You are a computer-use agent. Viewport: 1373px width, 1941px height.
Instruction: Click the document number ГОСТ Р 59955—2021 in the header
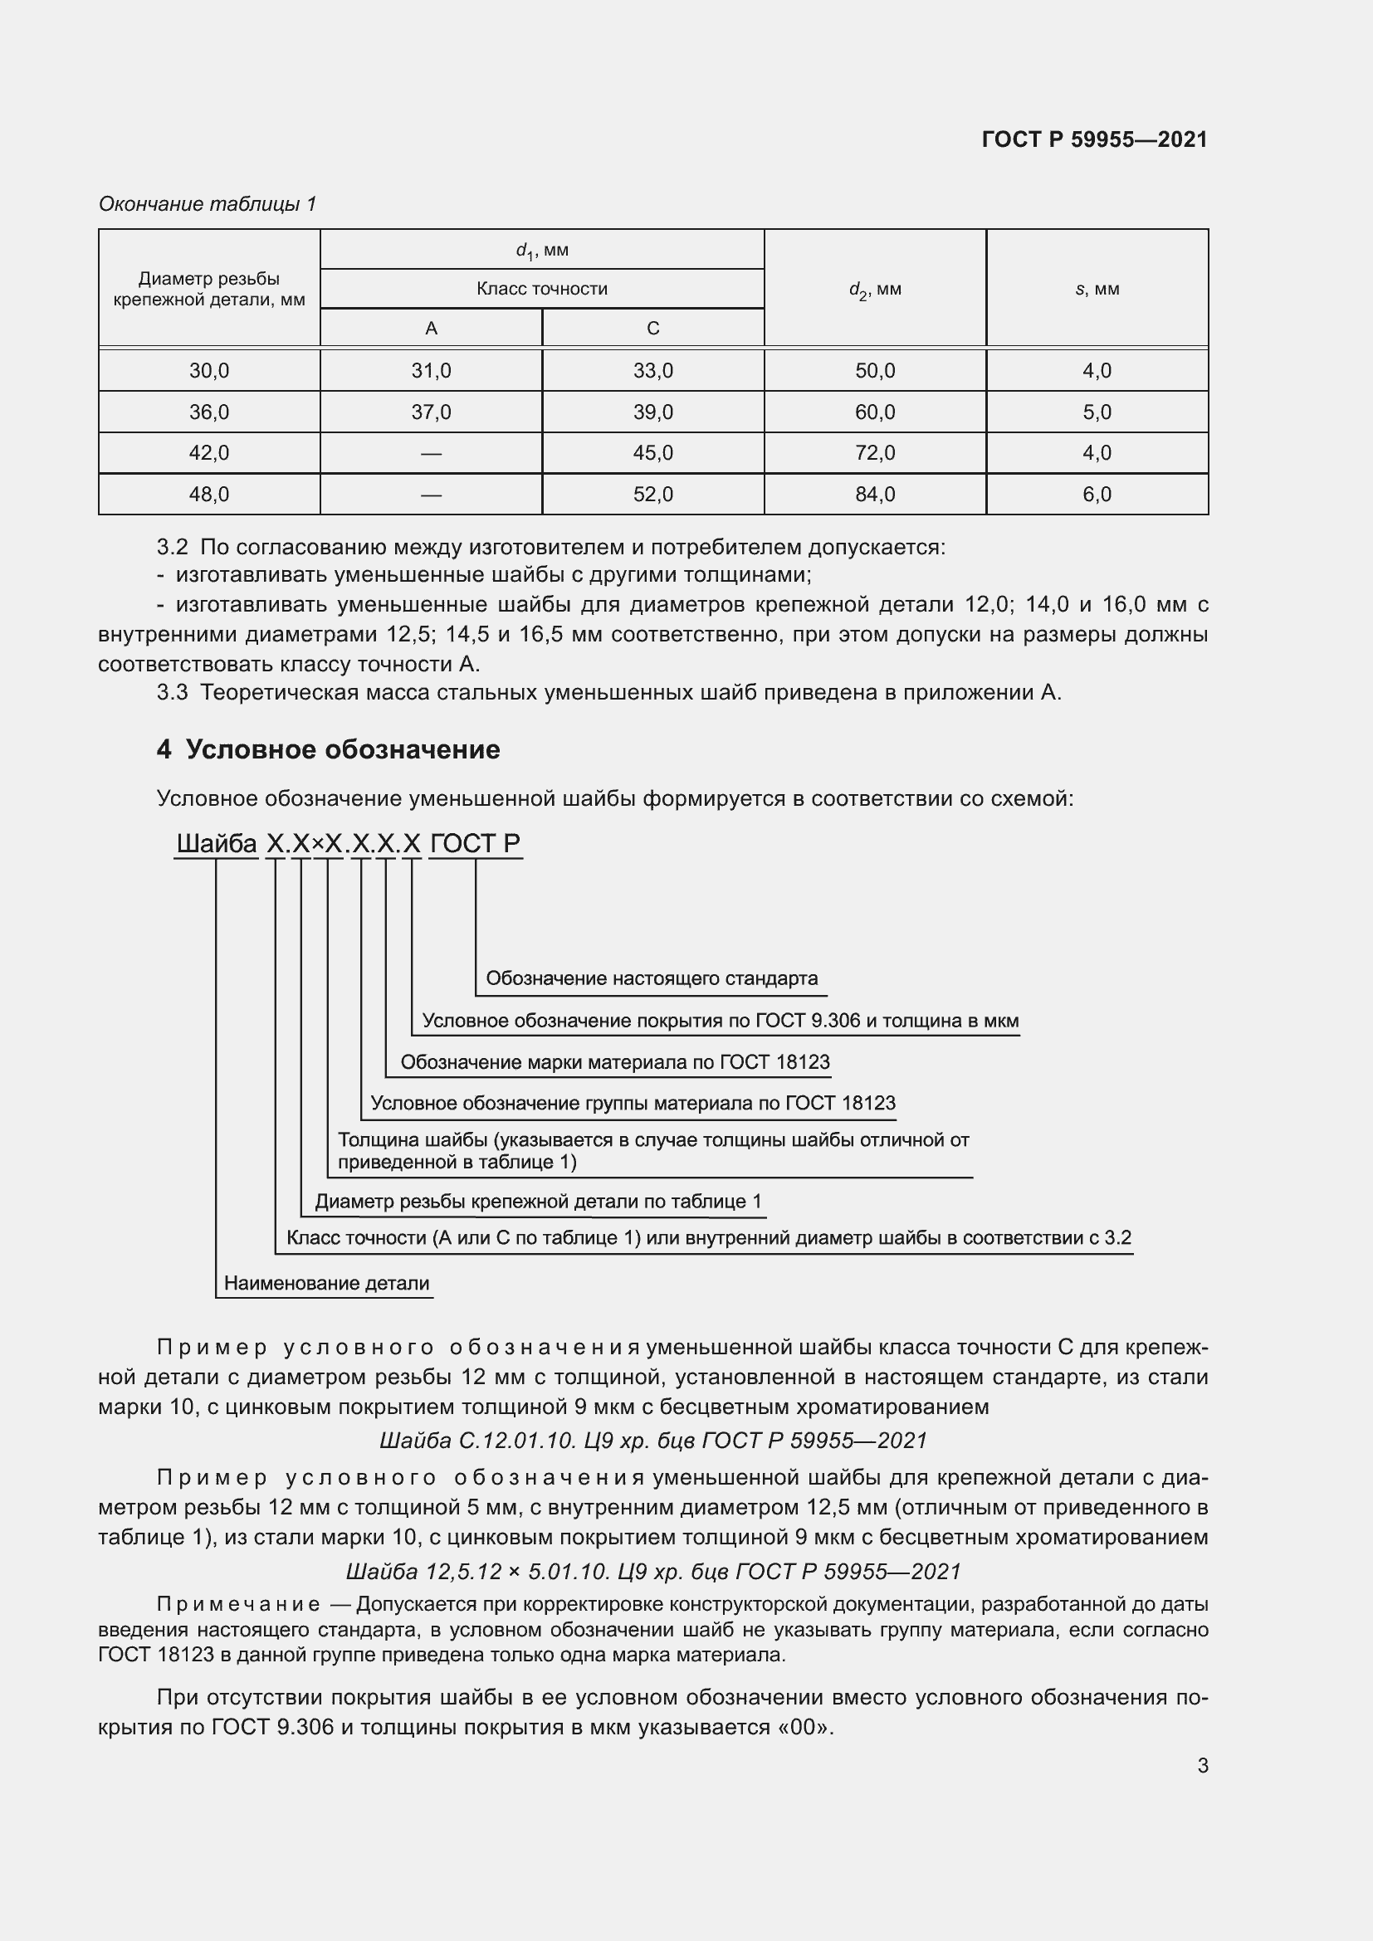coord(1094,139)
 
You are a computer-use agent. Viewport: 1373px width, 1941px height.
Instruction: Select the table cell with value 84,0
coord(874,495)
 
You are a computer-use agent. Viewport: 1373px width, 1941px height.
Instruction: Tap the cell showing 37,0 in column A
coord(430,412)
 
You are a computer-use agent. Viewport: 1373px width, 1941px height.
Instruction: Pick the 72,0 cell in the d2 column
coord(874,453)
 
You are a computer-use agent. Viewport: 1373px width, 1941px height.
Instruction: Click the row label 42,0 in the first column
coord(209,453)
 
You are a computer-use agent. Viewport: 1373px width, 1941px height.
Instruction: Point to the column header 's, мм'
coord(1097,289)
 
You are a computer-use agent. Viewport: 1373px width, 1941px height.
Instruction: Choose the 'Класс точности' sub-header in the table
coord(541,289)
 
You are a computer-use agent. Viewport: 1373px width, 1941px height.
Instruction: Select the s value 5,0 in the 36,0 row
coord(1097,412)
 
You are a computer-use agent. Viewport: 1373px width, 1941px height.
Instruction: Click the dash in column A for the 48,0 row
coord(430,495)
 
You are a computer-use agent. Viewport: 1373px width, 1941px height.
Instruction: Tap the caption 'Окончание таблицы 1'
coord(208,204)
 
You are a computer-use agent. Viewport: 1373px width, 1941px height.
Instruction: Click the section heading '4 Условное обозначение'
coord(328,749)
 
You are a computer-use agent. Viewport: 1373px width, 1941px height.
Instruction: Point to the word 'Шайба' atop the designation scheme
coord(217,844)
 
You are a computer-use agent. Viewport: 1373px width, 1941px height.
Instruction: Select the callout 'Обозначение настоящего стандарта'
coord(651,978)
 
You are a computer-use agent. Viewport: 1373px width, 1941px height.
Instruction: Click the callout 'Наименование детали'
coord(326,1283)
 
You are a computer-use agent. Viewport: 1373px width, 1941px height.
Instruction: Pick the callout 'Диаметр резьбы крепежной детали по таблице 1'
coord(538,1202)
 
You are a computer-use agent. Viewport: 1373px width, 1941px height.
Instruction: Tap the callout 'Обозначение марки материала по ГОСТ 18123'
coord(614,1062)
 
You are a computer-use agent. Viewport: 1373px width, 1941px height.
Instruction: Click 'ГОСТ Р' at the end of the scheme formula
coord(475,844)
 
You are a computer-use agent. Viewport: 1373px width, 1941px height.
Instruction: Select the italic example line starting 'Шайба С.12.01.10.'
coord(652,1441)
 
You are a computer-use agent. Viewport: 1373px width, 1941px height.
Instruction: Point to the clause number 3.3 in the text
coord(172,692)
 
